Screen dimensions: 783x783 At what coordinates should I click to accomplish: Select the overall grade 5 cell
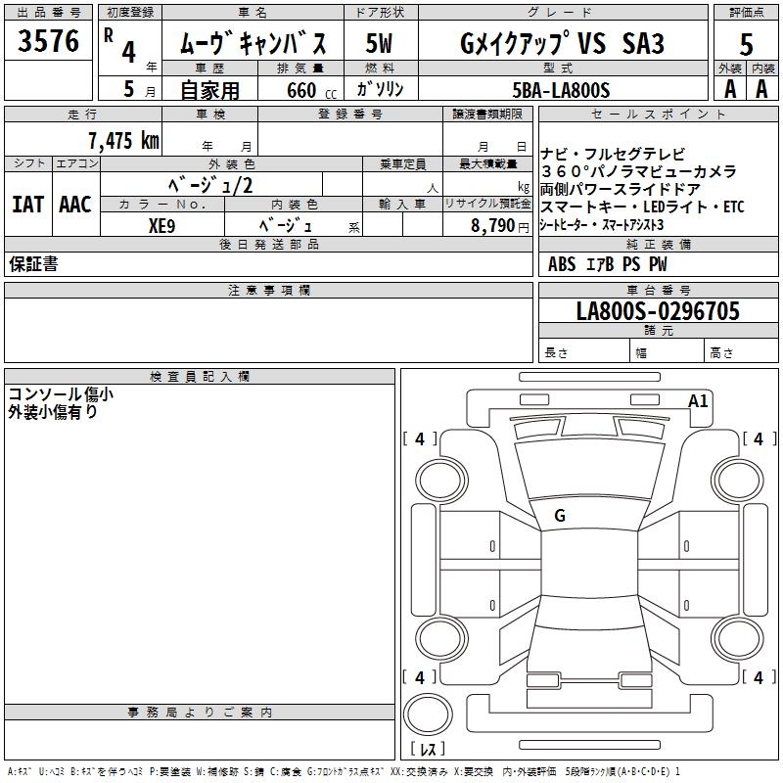point(747,43)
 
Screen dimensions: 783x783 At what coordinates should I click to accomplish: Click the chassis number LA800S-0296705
point(658,311)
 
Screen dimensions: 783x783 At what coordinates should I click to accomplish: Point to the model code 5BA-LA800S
point(561,89)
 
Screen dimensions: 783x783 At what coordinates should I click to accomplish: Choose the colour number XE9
point(161,224)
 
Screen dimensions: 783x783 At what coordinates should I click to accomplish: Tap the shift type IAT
point(27,204)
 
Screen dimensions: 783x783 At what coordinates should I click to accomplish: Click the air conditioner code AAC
point(75,204)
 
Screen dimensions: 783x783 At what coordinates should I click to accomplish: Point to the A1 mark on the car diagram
point(698,400)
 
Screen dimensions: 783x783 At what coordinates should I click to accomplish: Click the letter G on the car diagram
point(560,516)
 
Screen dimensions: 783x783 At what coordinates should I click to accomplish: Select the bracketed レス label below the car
point(428,750)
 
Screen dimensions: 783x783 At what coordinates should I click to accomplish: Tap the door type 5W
point(380,43)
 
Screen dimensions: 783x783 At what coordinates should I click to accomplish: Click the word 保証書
point(33,264)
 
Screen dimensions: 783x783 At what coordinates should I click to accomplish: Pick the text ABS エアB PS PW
point(608,263)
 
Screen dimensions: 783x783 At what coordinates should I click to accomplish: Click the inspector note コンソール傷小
point(61,394)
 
